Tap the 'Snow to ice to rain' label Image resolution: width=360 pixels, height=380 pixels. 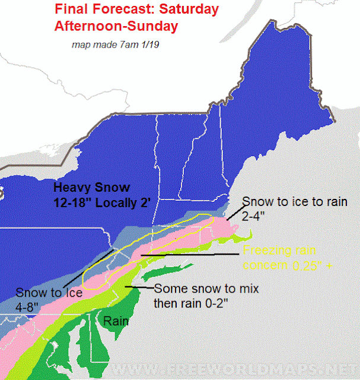tap(301, 202)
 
